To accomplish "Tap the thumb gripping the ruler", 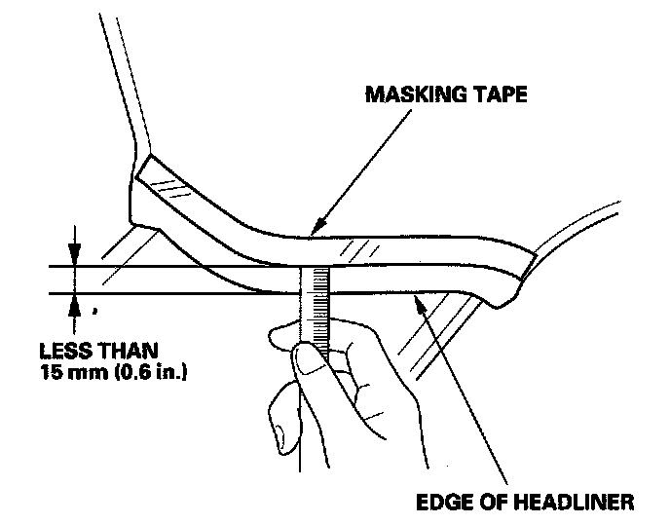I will [310, 362].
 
